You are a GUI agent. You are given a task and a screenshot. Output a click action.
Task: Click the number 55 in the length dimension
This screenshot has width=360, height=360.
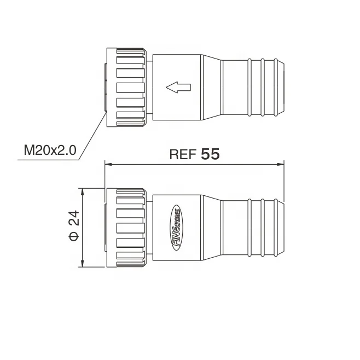(x=210, y=154)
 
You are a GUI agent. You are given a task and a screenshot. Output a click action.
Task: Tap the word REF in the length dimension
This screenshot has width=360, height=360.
(x=182, y=155)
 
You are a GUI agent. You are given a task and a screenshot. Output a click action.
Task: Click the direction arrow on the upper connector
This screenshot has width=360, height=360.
(x=178, y=86)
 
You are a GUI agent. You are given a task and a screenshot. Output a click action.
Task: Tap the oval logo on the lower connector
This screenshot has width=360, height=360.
(x=177, y=228)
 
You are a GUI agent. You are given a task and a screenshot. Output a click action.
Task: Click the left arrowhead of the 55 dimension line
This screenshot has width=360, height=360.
(x=108, y=163)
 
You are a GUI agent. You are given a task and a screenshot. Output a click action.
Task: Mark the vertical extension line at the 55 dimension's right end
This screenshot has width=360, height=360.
(x=284, y=181)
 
